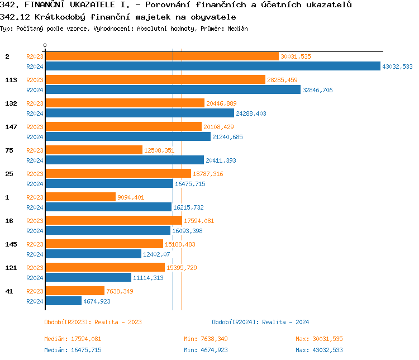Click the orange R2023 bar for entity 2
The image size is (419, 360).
tap(161, 56)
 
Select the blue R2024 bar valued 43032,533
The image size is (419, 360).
tap(212, 67)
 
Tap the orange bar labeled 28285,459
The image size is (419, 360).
tap(155, 80)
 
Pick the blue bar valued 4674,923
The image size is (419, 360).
tap(63, 301)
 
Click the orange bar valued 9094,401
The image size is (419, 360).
tap(80, 197)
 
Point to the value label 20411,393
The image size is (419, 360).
tap(221, 160)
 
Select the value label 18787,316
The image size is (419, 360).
tap(208, 174)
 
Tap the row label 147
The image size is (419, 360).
tap(11, 127)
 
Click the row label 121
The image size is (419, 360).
tap(11, 268)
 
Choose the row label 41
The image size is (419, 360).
tap(9, 291)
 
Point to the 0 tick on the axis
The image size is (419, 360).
tap(45, 45)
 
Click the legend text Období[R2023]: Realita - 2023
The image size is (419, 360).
tap(93, 322)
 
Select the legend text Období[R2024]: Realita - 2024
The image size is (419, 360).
tap(260, 322)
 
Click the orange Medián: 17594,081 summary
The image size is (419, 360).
tap(73, 339)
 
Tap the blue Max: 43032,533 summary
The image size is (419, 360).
tap(319, 350)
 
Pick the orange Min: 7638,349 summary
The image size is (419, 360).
tap(206, 339)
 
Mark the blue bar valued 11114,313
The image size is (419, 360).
tap(88, 278)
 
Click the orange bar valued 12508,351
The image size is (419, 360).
tap(94, 150)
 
